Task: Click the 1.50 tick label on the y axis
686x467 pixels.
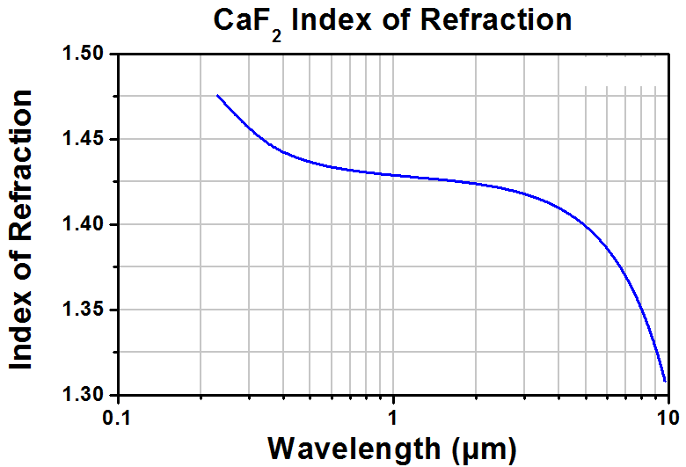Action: click(83, 54)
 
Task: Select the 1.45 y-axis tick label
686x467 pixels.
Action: click(83, 139)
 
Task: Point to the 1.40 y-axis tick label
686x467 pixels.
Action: click(83, 224)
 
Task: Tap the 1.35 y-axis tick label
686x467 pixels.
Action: click(83, 310)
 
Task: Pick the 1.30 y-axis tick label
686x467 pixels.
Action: click(83, 395)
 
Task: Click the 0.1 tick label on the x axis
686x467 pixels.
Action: click(117, 418)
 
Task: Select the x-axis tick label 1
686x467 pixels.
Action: click(393, 418)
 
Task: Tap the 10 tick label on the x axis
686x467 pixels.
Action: click(668, 418)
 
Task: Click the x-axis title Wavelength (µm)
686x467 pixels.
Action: click(392, 449)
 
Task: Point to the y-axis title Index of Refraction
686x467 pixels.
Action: click(20, 230)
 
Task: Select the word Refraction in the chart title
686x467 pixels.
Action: click(496, 20)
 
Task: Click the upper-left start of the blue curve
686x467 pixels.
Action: click(217, 95)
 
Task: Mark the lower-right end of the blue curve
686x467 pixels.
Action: click(665, 381)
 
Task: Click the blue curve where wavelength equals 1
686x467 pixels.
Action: click(393, 175)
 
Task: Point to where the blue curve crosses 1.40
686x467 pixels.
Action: click(585, 224)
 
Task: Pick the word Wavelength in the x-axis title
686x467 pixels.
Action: click(354, 449)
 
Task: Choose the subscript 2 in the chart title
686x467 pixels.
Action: click(276, 36)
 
